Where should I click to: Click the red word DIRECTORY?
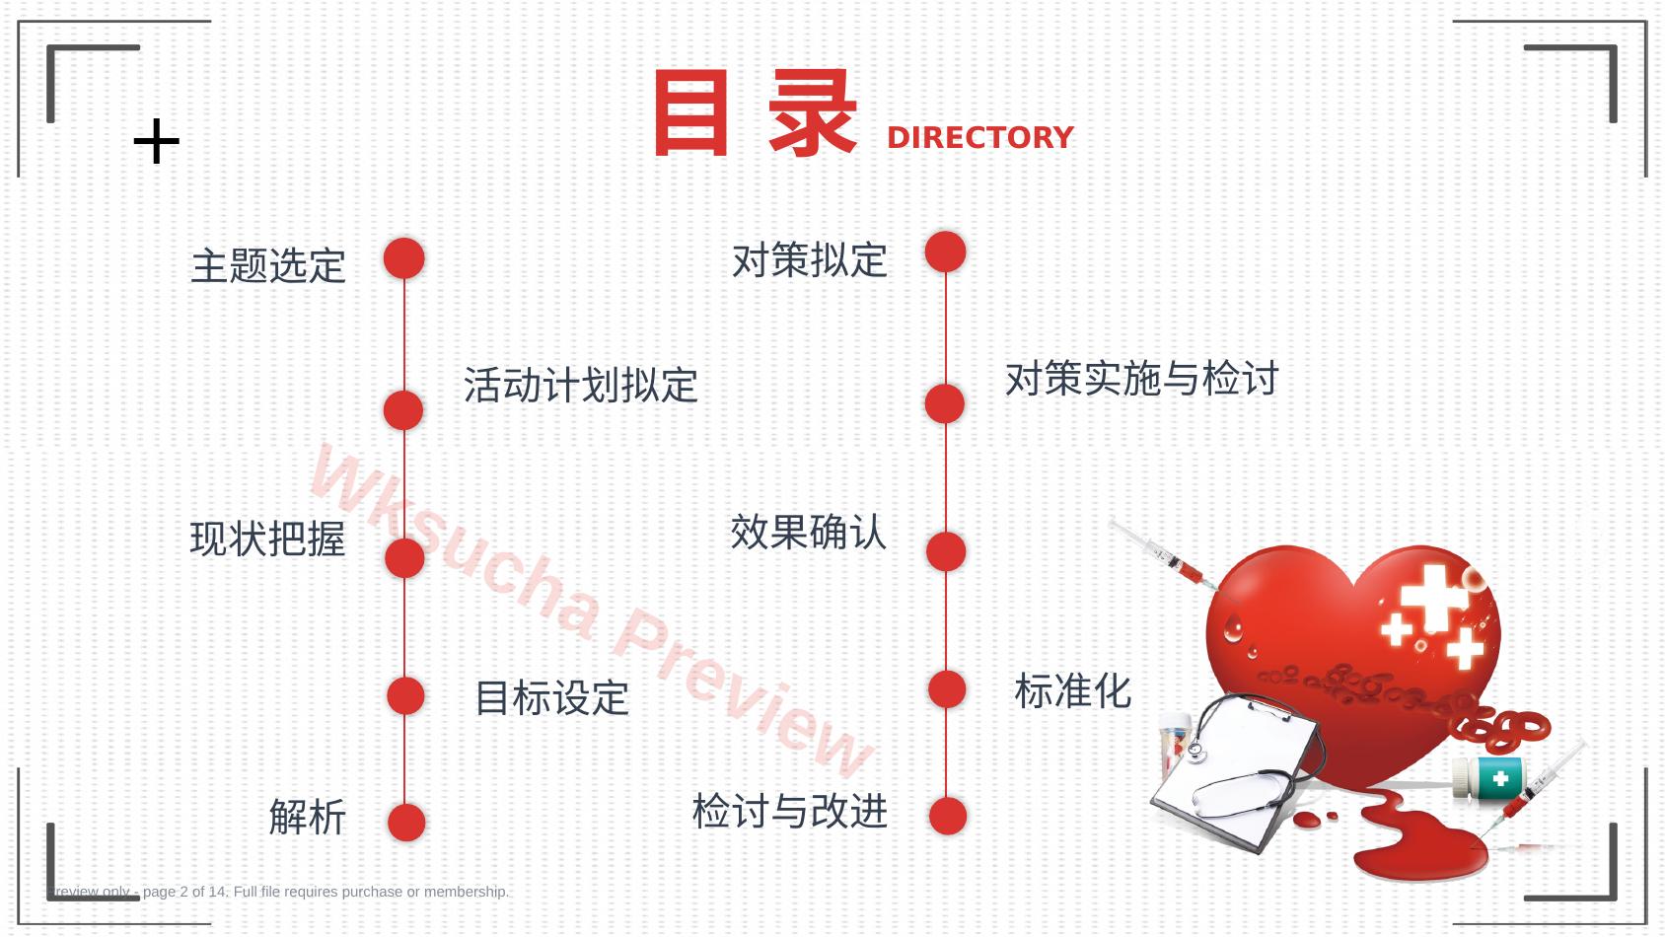pyautogui.click(x=980, y=137)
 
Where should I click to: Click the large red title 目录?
pyautogui.click(x=756, y=113)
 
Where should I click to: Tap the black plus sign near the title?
pyautogui.click(x=156, y=140)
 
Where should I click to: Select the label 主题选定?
pyautogui.click(x=267, y=266)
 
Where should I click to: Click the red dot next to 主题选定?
pyautogui.click(x=404, y=258)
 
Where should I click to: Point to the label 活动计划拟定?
pyautogui.click(x=581, y=385)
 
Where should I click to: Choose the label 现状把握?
pyautogui.click(x=267, y=539)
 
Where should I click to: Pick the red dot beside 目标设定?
pyautogui.click(x=405, y=696)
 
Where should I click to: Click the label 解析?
pyautogui.click(x=307, y=818)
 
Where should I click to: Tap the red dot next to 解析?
pyautogui.click(x=406, y=823)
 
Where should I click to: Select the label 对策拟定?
pyautogui.click(x=810, y=260)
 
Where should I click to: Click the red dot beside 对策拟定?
pyautogui.click(x=946, y=252)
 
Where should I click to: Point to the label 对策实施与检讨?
pyautogui.click(x=1141, y=378)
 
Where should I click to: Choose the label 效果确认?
pyautogui.click(x=808, y=532)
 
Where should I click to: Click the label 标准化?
pyautogui.click(x=1072, y=691)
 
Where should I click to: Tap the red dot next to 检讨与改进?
pyautogui.click(x=948, y=816)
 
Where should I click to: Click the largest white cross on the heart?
pyautogui.click(x=1434, y=597)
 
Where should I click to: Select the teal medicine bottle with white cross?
pyautogui.click(x=1488, y=778)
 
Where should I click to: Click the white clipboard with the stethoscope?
pyautogui.click(x=1236, y=773)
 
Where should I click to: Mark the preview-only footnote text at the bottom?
pyautogui.click(x=278, y=892)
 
